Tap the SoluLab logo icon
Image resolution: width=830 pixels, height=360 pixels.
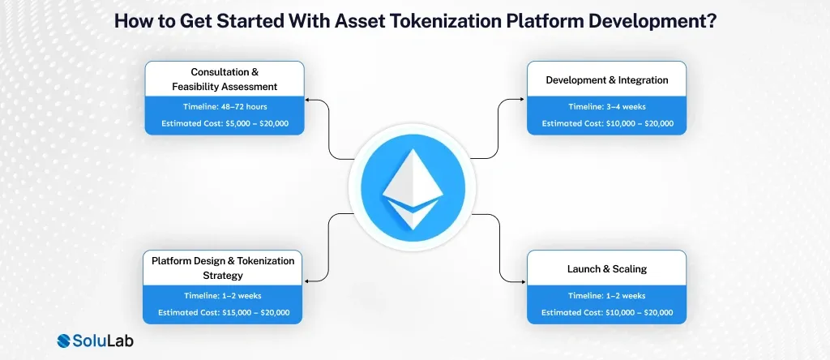[x=67, y=341]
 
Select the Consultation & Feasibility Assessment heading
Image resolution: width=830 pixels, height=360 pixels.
[x=225, y=79]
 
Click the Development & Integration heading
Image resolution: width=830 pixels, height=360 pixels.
[x=607, y=80]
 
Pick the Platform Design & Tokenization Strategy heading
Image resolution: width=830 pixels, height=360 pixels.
[x=223, y=267]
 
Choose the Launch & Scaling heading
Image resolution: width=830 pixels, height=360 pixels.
[x=607, y=268]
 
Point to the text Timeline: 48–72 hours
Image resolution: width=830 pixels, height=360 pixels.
[x=225, y=106]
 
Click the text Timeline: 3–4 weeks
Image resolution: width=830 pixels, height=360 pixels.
[x=607, y=106]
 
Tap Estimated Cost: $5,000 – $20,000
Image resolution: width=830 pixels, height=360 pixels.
[x=225, y=123]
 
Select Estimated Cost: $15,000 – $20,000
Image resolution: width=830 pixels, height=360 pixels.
[x=223, y=312]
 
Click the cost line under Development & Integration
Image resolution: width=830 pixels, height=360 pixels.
[x=607, y=123]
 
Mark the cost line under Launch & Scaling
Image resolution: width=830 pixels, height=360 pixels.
[x=607, y=312]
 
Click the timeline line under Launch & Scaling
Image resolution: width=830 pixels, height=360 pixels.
[x=607, y=295]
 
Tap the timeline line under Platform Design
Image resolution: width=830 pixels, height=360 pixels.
[x=223, y=295]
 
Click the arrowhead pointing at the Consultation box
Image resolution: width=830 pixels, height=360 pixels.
[x=309, y=102]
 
